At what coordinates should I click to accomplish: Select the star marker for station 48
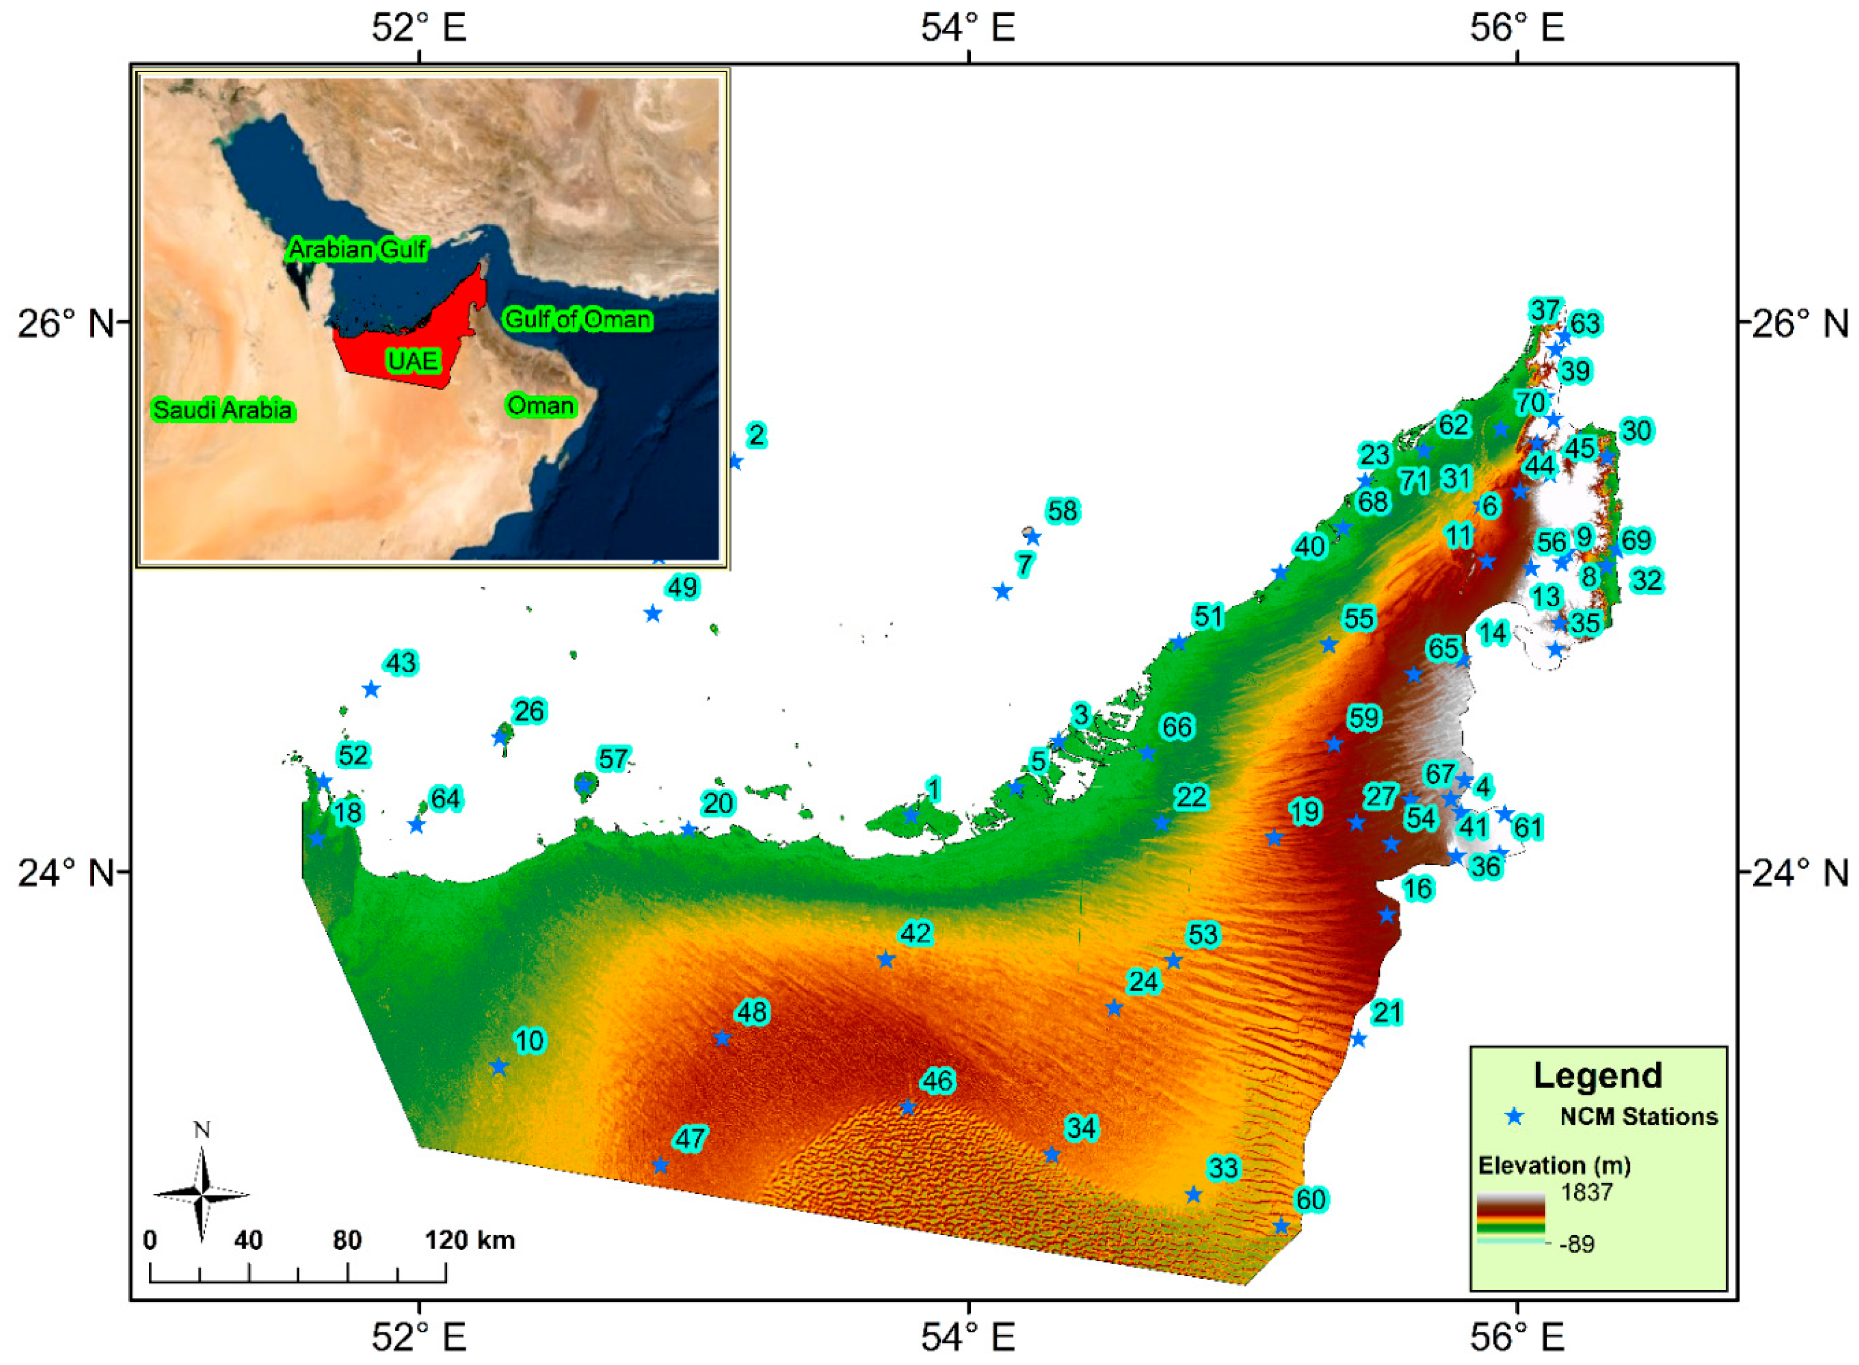click(722, 1039)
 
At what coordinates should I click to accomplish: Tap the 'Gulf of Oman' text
click(577, 319)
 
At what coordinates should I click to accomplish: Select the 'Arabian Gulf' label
click(357, 249)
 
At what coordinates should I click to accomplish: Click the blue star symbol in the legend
click(1514, 1116)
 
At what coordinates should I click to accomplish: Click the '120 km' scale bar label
click(469, 1240)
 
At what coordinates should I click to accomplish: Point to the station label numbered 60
click(1310, 1199)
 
